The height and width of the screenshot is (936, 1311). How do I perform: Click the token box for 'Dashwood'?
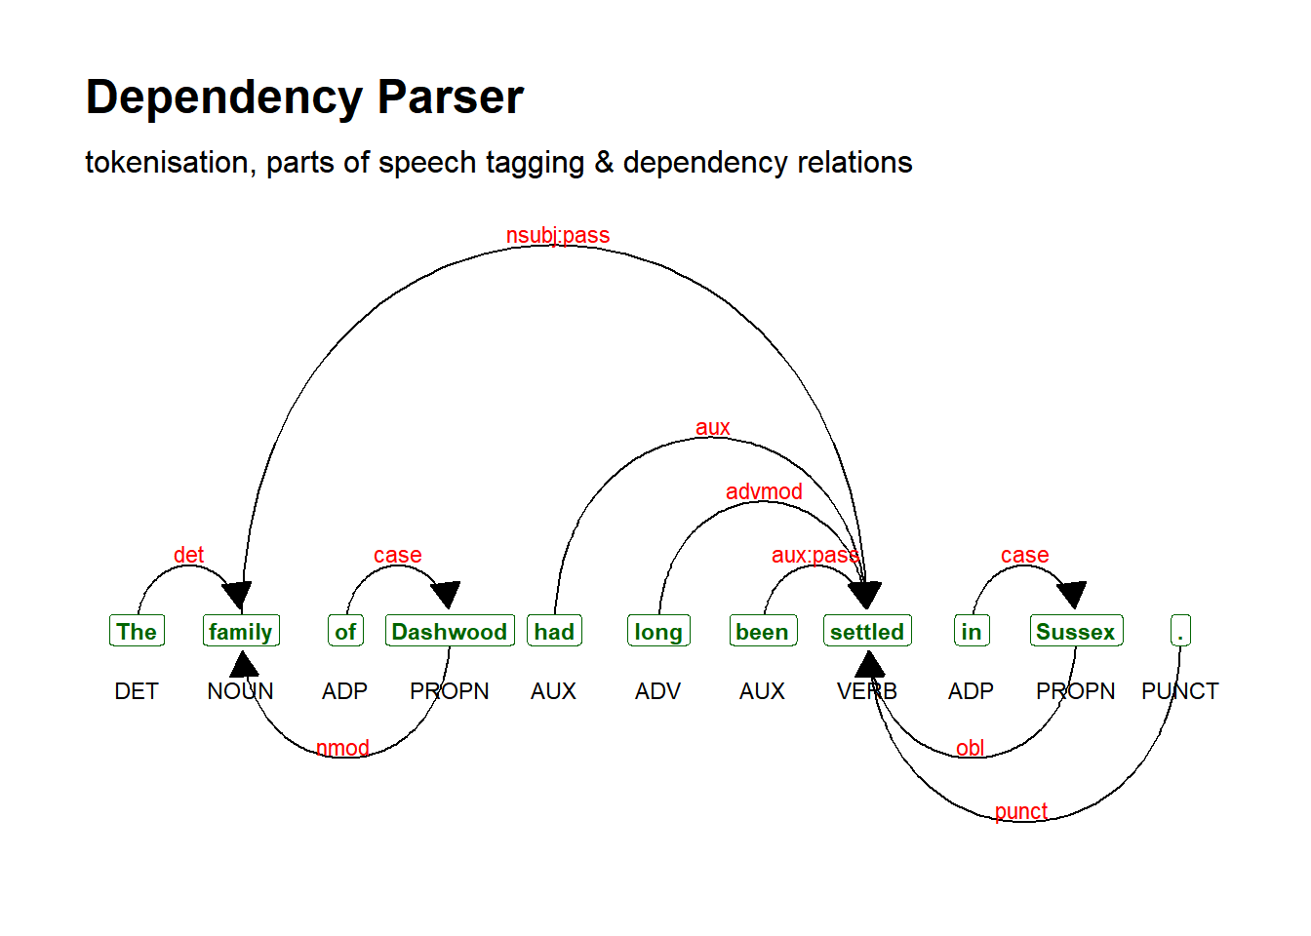click(450, 631)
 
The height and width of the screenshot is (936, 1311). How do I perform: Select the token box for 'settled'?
click(867, 631)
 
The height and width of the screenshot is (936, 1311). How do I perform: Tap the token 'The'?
click(137, 631)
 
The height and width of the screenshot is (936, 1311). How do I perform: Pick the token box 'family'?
click(241, 631)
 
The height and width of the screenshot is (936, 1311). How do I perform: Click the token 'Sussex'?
click(1076, 631)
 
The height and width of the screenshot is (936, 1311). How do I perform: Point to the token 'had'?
click(554, 631)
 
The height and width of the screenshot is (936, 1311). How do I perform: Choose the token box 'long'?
click(658, 631)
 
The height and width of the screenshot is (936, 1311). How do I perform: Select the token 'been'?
click(763, 631)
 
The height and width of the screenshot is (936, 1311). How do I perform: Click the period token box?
click(1180, 631)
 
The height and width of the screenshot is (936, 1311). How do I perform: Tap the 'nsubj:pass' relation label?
click(558, 235)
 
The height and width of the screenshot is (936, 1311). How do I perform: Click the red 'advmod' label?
click(764, 491)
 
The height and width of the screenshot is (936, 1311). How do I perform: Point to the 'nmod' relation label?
click(343, 748)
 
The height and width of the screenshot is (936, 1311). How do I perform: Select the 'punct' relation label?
click(1021, 811)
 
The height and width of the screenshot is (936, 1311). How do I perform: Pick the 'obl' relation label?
click(970, 748)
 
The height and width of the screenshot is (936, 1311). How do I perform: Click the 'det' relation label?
click(188, 555)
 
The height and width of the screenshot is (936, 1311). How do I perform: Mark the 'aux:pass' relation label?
click(815, 555)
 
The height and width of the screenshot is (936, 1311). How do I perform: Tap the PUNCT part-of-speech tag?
click(1180, 691)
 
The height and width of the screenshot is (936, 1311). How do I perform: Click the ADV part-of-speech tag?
click(658, 691)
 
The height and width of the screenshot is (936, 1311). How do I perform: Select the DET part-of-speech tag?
click(137, 691)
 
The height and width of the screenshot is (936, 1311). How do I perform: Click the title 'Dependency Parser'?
click(304, 97)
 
